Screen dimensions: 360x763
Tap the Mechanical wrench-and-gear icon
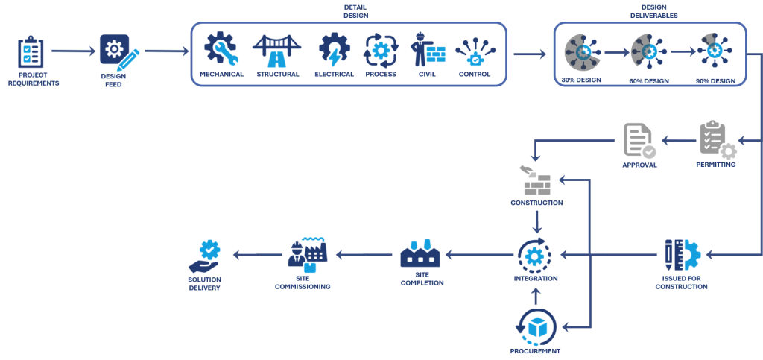click(x=221, y=49)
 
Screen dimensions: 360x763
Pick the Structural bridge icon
click(x=276, y=50)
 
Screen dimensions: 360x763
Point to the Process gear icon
click(x=381, y=50)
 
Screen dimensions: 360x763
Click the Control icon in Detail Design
click(x=475, y=51)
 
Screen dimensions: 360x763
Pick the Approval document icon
click(x=639, y=140)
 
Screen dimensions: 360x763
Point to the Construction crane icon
click(x=536, y=179)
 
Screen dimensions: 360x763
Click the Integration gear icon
click(x=535, y=256)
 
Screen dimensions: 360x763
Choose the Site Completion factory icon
click(x=421, y=255)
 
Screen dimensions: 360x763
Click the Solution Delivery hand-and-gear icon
click(x=205, y=256)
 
